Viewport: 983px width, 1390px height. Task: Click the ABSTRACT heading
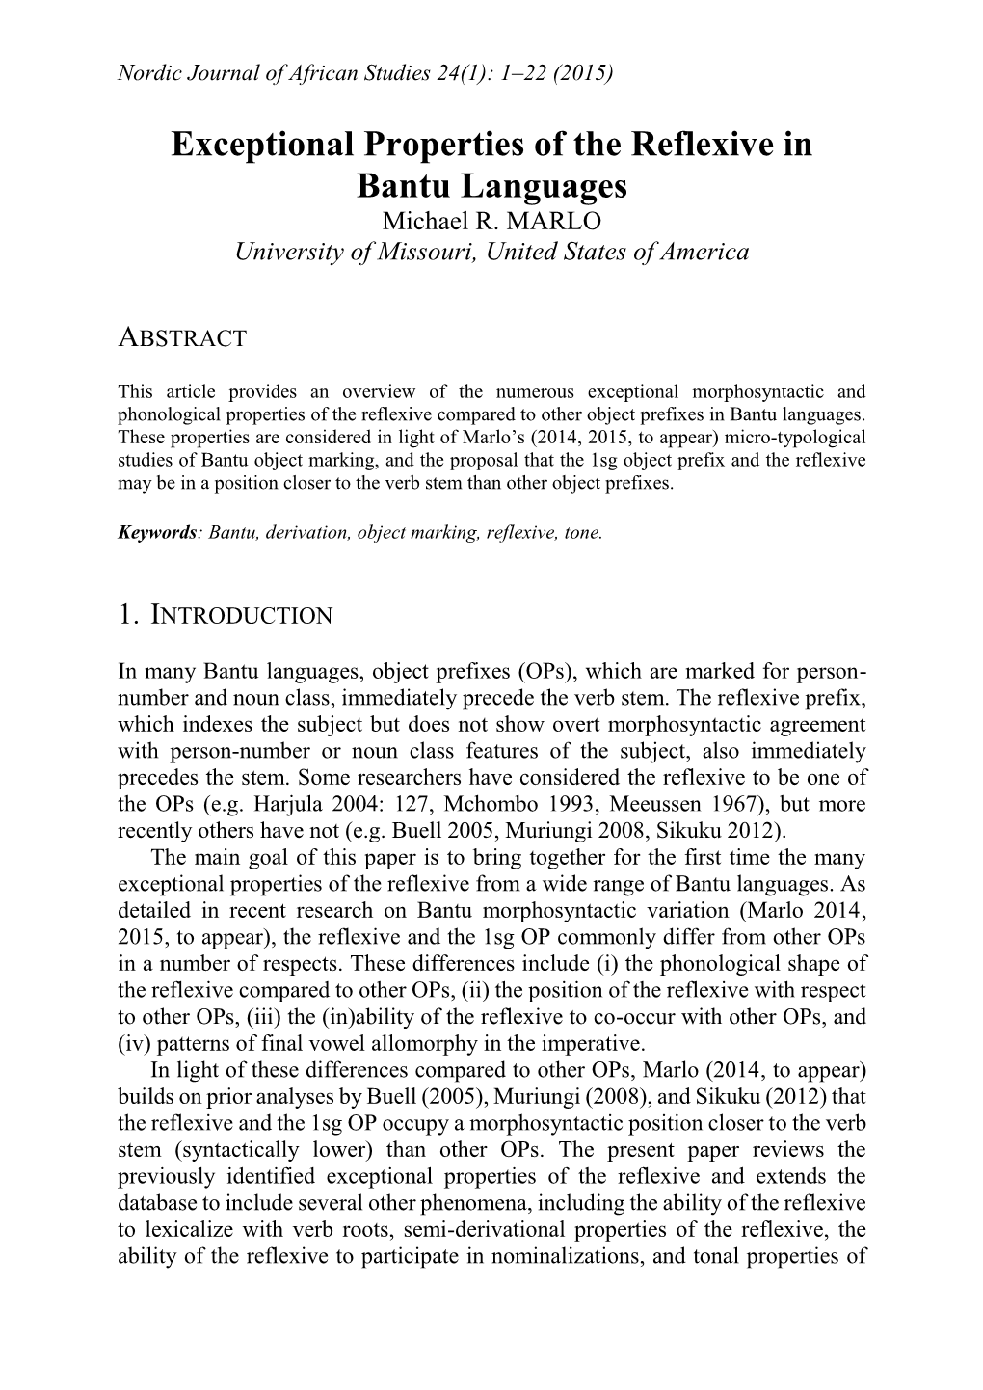tap(182, 338)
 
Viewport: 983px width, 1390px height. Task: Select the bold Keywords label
tap(157, 532)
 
